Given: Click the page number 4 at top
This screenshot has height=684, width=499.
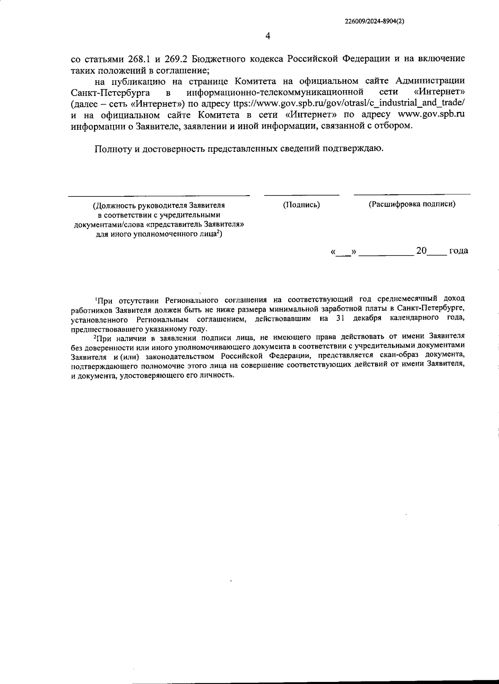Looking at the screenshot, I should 268,36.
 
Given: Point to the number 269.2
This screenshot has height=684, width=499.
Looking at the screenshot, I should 169,58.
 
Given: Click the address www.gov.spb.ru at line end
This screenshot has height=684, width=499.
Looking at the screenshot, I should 431,114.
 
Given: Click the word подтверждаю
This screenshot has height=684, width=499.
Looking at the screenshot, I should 360,149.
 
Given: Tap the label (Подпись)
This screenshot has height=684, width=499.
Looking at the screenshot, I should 301,204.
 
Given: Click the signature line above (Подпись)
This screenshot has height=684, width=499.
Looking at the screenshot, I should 301,195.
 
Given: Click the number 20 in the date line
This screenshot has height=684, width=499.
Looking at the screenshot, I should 421,250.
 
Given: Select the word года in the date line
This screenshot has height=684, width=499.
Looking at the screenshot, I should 458,250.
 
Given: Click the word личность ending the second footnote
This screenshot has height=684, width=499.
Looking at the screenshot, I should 218,375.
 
